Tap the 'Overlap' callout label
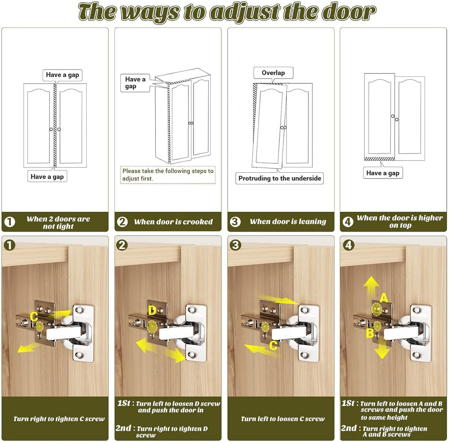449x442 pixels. pyautogui.click(x=273, y=73)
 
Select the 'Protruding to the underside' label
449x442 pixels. pyautogui.click(x=279, y=178)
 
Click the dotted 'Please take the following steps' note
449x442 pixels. pyautogui.click(x=168, y=175)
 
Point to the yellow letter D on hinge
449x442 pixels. pyautogui.click(x=152, y=311)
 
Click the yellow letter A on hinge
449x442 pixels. pyautogui.click(x=384, y=298)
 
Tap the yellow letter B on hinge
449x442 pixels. pyautogui.click(x=370, y=333)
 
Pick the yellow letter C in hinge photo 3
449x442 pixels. pyautogui.click(x=273, y=346)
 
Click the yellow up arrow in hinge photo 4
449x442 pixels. pyautogui.click(x=371, y=288)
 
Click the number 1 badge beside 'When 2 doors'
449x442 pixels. pyautogui.click(x=9, y=222)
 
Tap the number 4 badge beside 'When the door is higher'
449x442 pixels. pyautogui.click(x=348, y=222)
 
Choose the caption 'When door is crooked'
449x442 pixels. pyautogui.click(x=173, y=222)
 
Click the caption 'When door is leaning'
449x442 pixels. pyautogui.click(x=288, y=222)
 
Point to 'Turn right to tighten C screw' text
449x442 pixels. pyautogui.click(x=59, y=419)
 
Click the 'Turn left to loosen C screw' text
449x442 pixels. pyautogui.click(x=282, y=419)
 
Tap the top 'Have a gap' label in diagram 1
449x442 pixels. pyautogui.click(x=62, y=75)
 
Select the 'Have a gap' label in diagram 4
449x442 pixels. pyautogui.click(x=383, y=173)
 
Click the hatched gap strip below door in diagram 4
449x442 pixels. pyautogui.click(x=379, y=159)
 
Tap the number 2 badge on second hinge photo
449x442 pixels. pyautogui.click(x=122, y=245)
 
